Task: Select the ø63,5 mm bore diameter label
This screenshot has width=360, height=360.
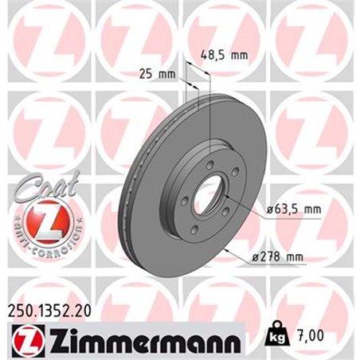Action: click(292, 209)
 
